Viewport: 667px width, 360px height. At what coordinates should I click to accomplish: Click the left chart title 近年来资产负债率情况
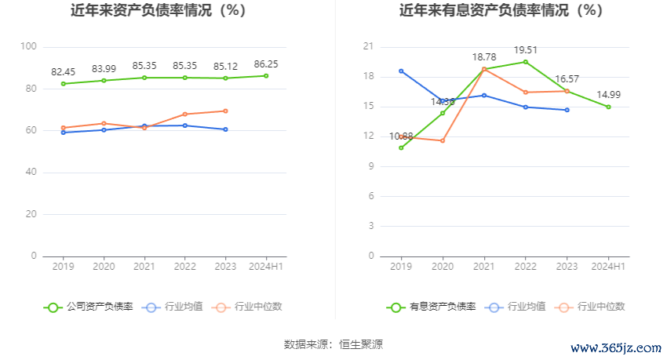click(x=158, y=11)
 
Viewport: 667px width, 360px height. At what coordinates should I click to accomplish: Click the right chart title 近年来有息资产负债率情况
click(x=501, y=11)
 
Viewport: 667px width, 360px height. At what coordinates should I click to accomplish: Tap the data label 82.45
click(x=63, y=72)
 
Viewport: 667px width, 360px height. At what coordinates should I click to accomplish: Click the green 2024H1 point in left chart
click(x=266, y=75)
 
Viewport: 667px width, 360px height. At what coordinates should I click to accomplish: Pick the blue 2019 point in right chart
click(x=401, y=71)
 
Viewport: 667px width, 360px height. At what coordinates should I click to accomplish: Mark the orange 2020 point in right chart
click(x=443, y=140)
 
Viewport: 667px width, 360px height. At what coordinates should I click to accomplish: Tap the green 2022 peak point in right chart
click(x=526, y=62)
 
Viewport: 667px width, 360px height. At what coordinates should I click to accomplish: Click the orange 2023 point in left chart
click(x=225, y=111)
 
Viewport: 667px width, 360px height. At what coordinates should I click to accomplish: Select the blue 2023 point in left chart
click(x=225, y=129)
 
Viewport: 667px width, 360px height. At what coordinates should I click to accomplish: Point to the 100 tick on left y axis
click(x=29, y=46)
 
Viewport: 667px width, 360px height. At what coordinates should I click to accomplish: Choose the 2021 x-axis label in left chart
click(x=144, y=267)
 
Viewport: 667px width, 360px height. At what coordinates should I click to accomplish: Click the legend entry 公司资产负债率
click(x=89, y=307)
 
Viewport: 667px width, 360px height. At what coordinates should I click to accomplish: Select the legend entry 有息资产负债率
click(x=432, y=307)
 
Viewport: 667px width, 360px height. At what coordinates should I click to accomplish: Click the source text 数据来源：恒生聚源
click(x=333, y=344)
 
